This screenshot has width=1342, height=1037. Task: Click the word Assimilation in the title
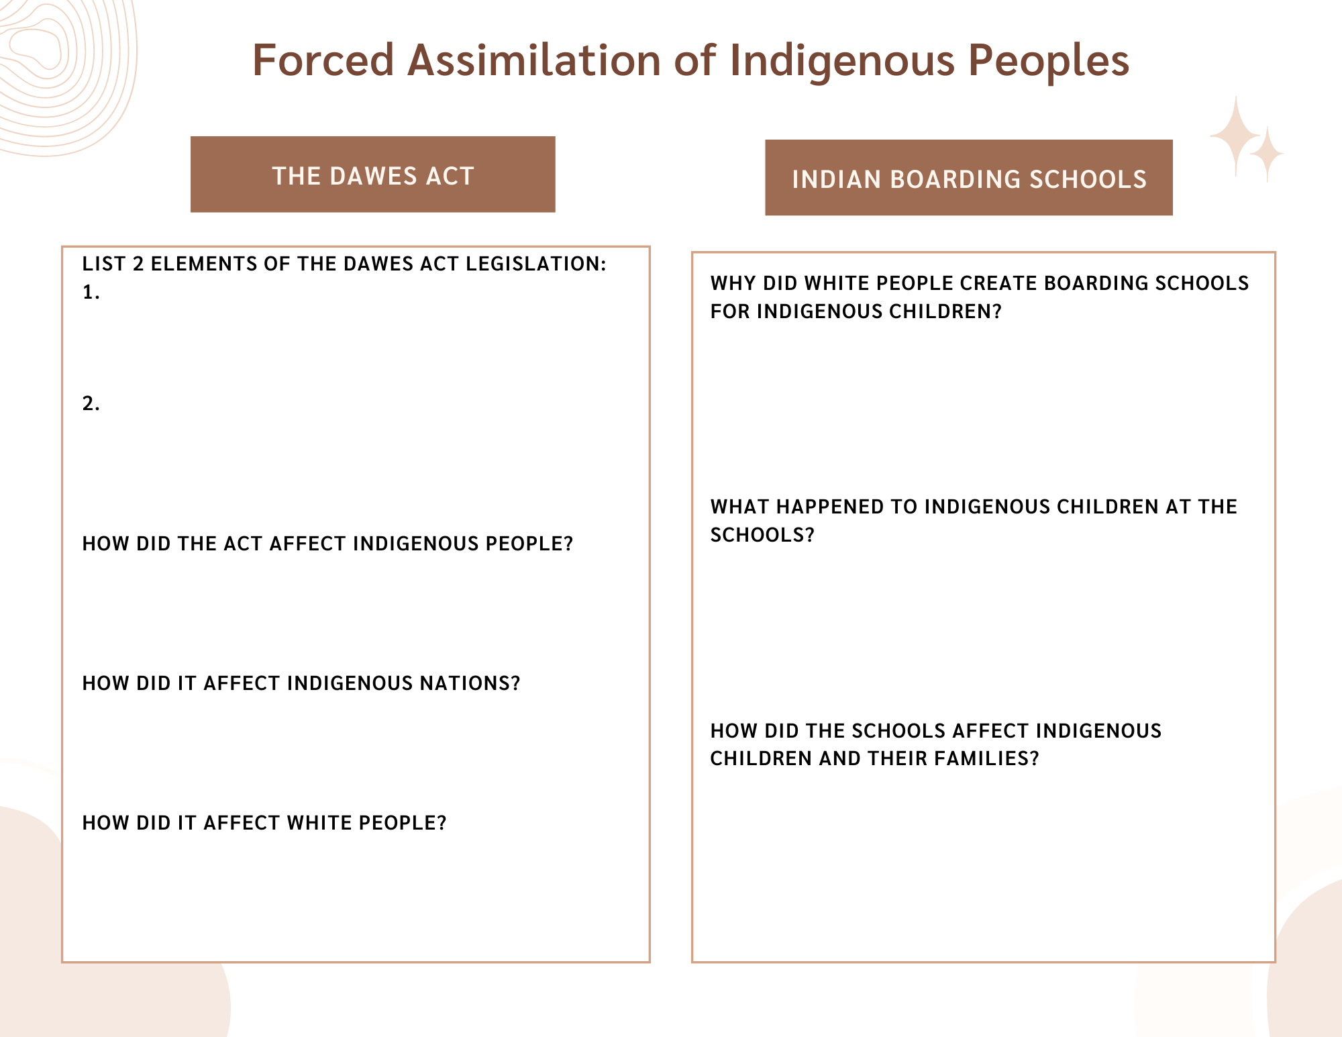coord(534,60)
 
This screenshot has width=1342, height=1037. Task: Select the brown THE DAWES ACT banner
coord(373,175)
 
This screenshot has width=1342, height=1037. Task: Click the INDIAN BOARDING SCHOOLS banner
coord(969,178)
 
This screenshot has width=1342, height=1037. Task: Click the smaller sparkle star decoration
coord(1267,155)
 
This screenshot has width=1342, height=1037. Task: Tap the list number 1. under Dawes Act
coord(91,292)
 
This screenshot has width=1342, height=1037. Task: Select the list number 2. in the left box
coord(91,403)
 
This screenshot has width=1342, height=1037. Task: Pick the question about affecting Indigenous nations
coord(301,683)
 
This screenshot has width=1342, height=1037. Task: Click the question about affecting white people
coord(264,823)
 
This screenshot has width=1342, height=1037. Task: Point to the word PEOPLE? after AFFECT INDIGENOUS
coord(529,544)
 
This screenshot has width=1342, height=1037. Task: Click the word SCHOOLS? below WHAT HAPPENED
coord(762,535)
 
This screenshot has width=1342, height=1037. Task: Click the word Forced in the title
coord(323,60)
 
